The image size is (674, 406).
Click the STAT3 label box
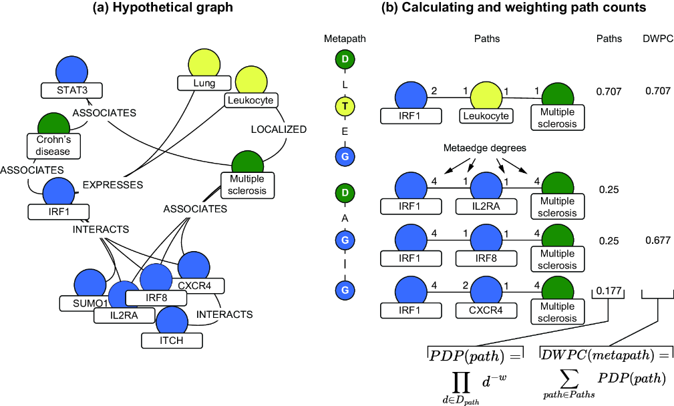point(71,90)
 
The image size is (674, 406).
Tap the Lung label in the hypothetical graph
point(204,83)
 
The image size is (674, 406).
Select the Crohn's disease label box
point(53,146)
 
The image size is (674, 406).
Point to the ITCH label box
point(172,341)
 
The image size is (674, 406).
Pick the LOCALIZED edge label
point(279,130)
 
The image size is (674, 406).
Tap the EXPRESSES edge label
point(113,185)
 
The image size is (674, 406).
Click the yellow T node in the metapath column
point(345,106)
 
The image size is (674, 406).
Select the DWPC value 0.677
point(658,240)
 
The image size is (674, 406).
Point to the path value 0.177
point(609,291)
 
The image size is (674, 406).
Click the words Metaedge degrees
point(485,148)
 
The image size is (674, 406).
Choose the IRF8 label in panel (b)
point(486,258)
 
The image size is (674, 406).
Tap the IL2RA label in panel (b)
point(486,206)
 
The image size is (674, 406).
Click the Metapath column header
point(345,39)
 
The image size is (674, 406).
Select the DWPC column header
point(658,39)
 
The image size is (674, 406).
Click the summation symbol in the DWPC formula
point(568,379)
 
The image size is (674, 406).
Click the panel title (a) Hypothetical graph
point(163,7)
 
